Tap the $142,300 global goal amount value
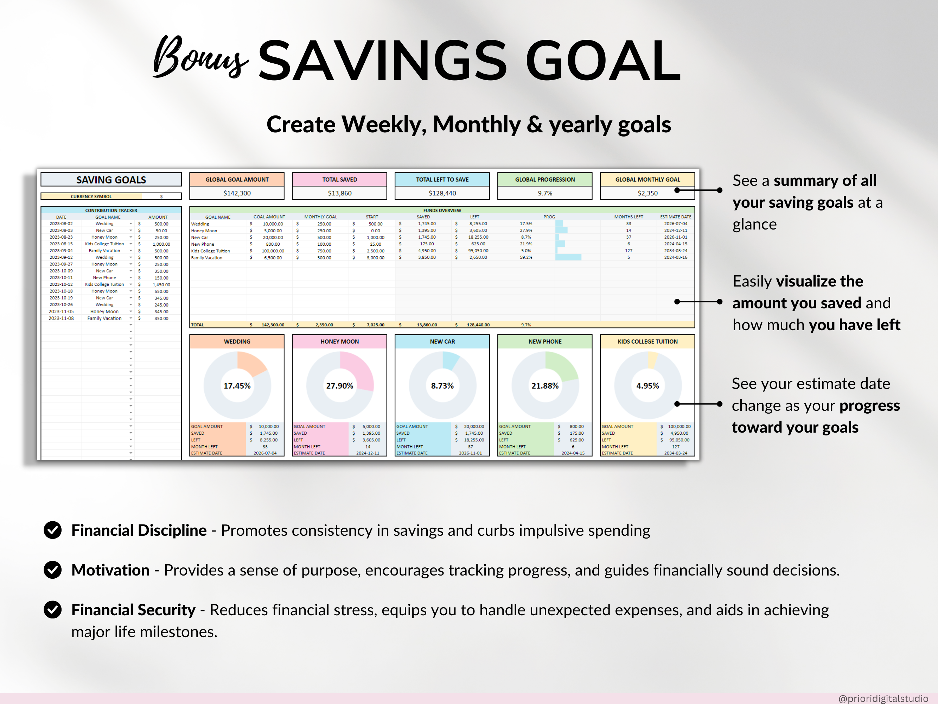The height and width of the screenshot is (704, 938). click(x=237, y=193)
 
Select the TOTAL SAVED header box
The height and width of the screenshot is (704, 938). click(x=339, y=180)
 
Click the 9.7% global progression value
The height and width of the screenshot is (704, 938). click(x=544, y=193)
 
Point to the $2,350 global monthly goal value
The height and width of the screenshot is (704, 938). click(x=647, y=193)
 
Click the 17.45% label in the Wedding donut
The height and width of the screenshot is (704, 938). click(x=237, y=386)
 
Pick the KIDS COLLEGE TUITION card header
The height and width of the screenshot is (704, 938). click(x=647, y=341)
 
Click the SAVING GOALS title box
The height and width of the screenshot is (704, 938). click(x=111, y=180)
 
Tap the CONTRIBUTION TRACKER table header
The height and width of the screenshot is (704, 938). click(x=111, y=210)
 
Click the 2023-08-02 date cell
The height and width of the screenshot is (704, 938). click(x=61, y=224)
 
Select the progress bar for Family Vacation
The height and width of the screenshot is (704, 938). click(x=568, y=258)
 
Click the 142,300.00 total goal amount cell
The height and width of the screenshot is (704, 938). click(x=272, y=325)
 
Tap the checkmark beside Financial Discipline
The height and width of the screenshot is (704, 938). click(x=53, y=530)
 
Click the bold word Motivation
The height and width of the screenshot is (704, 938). click(x=110, y=570)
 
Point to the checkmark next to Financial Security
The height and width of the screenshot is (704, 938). click(x=53, y=610)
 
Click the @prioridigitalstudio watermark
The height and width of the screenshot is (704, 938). click(x=883, y=698)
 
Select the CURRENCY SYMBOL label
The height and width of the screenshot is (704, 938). click(x=91, y=196)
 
